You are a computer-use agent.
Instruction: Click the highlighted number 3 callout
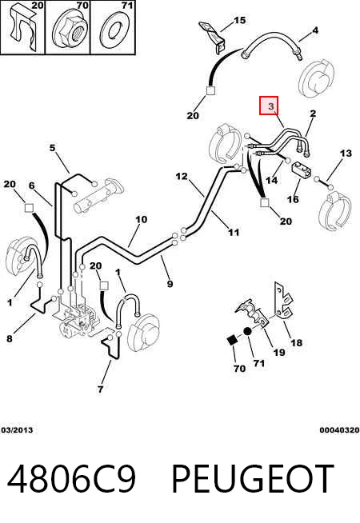[269, 106]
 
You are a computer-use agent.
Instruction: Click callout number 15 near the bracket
[239, 20]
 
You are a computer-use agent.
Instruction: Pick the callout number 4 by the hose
[315, 30]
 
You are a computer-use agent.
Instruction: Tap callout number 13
[346, 153]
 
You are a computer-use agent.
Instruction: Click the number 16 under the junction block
[293, 199]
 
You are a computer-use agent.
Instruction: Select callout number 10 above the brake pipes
[141, 219]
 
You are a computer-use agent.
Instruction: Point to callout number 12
[182, 176]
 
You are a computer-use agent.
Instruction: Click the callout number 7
[101, 389]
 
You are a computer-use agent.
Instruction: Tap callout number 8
[10, 338]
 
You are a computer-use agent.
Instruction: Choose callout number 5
[52, 147]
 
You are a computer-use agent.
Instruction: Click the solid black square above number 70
[231, 340]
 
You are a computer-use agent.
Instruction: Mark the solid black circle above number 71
[247, 332]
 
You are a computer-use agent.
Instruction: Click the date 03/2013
[17, 430]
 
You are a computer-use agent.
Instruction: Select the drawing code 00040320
[339, 430]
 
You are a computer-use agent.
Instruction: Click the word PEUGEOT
[253, 478]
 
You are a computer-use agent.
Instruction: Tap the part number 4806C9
[71, 478]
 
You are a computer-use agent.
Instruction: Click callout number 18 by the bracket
[296, 342]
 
